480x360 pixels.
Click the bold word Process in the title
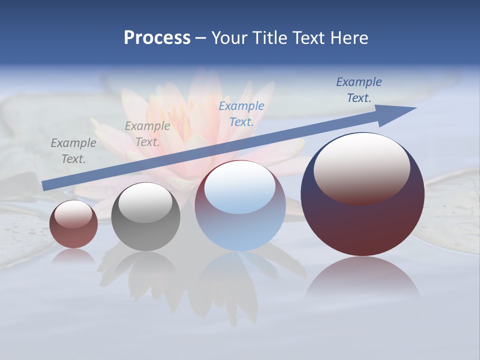click(x=157, y=38)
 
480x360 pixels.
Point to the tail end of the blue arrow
click(x=45, y=185)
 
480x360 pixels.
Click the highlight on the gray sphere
click(x=145, y=202)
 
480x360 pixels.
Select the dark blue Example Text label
click(x=359, y=90)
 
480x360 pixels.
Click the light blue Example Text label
click(x=241, y=113)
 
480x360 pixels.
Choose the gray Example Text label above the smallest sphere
click(x=73, y=151)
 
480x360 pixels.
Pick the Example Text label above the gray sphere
click(x=147, y=134)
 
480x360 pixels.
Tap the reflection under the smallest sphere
click(x=73, y=256)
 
